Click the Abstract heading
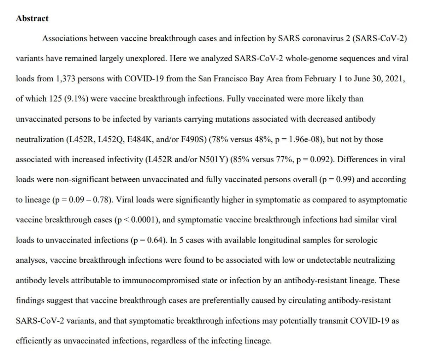pyautogui.click(x=32, y=19)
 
